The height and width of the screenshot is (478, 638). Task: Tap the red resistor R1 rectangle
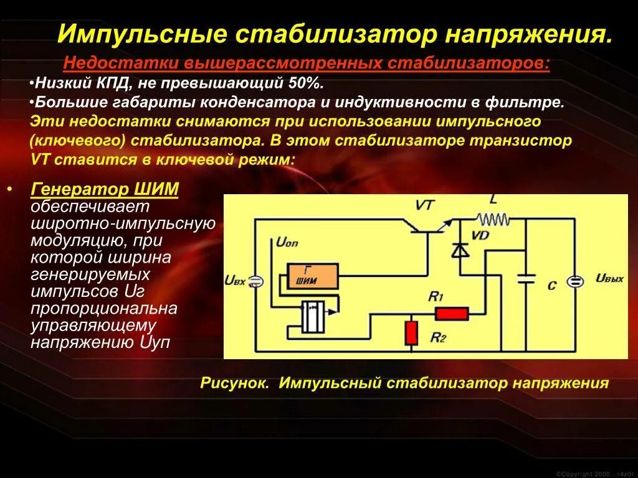[451, 313]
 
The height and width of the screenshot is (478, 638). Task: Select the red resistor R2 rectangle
[411, 332]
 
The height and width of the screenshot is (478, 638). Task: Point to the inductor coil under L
[493, 218]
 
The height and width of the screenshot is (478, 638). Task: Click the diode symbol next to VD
[460, 250]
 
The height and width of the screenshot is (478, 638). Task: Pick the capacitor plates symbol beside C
[526, 278]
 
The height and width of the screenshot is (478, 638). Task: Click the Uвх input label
[234, 281]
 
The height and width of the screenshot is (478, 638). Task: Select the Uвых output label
[609, 278]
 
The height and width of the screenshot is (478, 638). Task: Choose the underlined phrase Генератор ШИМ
[105, 190]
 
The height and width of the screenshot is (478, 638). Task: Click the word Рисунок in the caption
[234, 383]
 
